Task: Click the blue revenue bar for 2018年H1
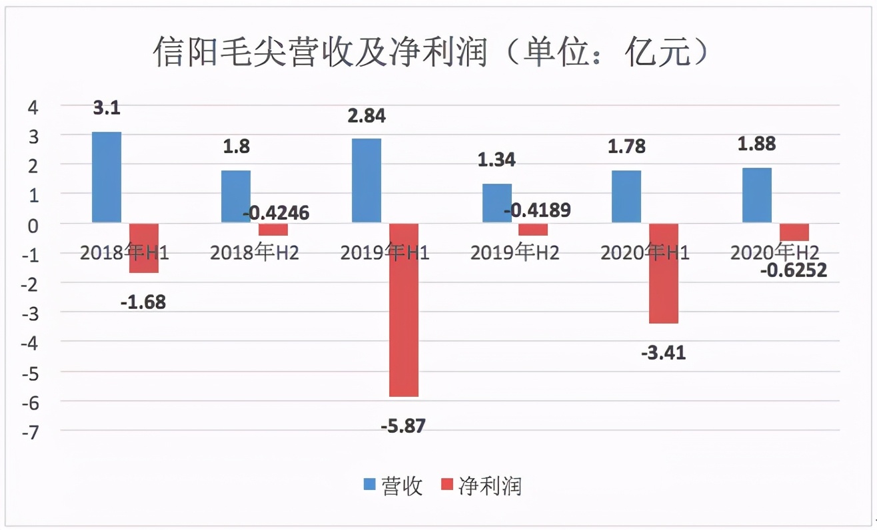[107, 177]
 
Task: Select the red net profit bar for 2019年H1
[404, 310]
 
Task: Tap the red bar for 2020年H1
[664, 273]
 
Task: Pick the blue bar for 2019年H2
[496, 203]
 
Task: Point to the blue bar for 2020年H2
[757, 195]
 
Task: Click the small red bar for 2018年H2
[273, 230]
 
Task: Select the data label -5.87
[403, 425]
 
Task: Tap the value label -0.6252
[793, 270]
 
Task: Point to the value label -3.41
[663, 352]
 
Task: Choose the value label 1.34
[496, 160]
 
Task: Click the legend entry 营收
[393, 487]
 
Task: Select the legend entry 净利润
[481, 487]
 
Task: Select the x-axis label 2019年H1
[385, 253]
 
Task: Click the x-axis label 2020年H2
[774, 253]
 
